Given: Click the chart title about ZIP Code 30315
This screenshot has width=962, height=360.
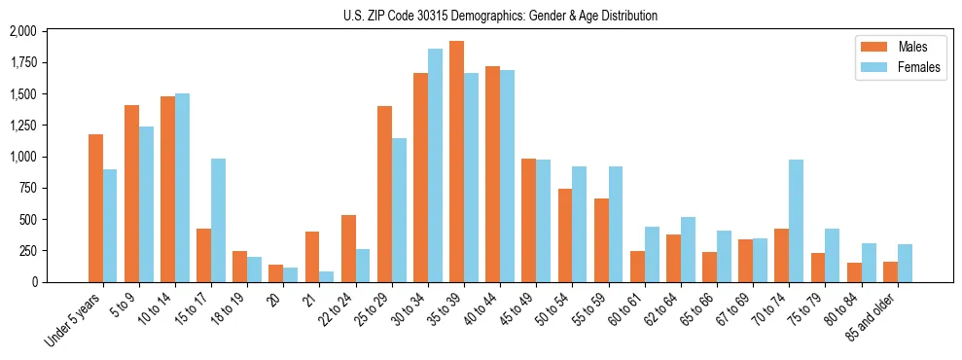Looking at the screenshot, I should pyautogui.click(x=500, y=16).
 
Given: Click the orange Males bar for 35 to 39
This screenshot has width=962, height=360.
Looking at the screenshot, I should pyautogui.click(x=456, y=162).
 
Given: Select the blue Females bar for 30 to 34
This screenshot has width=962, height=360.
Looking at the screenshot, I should pyautogui.click(x=435, y=165).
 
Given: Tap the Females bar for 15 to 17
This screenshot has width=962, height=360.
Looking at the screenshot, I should pyautogui.click(x=218, y=220).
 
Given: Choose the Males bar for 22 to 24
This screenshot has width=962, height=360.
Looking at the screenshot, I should pyautogui.click(x=348, y=248).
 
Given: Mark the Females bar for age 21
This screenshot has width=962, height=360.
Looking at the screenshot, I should pyautogui.click(x=326, y=276).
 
